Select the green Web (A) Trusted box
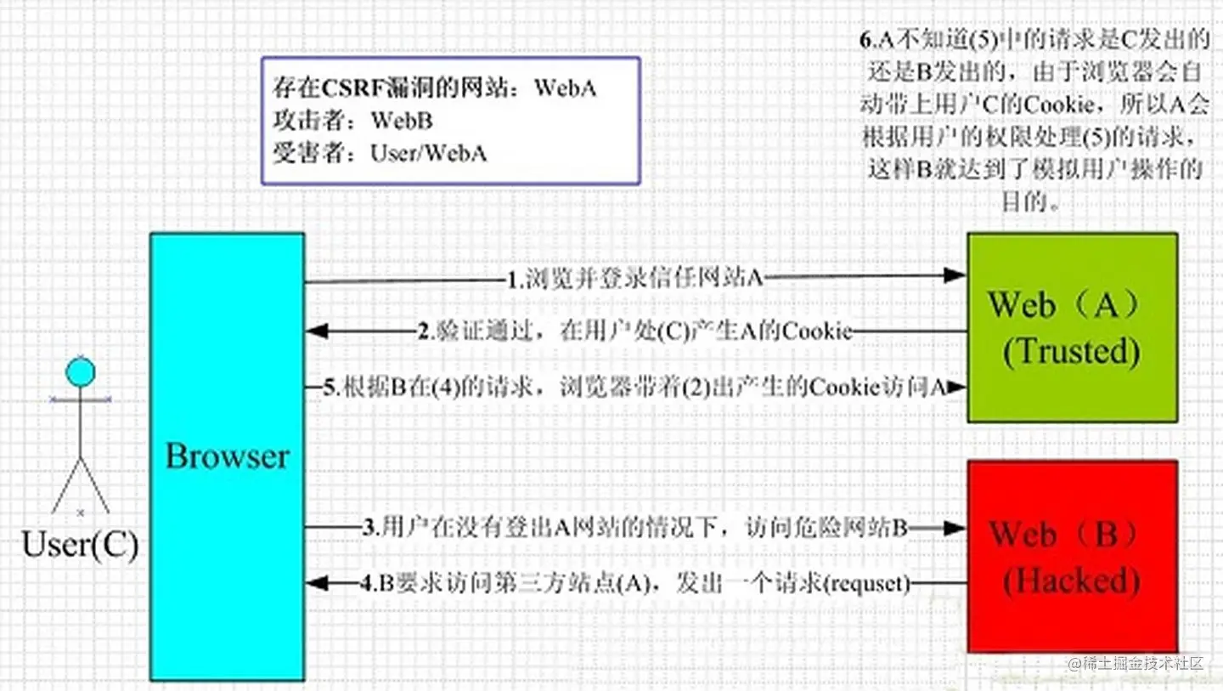1072,327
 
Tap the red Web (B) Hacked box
1072,557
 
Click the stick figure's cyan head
81,372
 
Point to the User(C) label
80,544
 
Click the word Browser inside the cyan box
227,456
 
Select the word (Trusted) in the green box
1071,351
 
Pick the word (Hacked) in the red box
1071,581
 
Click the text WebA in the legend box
565,89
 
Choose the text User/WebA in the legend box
428,153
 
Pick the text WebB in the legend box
401,121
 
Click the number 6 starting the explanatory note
865,40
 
